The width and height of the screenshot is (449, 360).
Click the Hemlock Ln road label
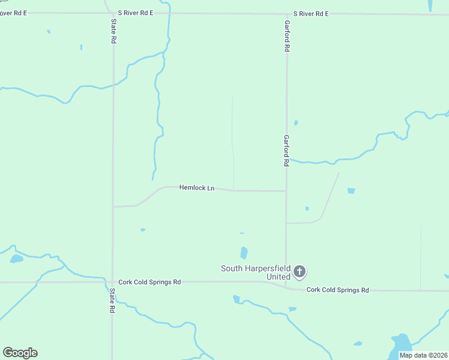[197, 188]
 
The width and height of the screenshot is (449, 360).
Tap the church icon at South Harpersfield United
[300, 272]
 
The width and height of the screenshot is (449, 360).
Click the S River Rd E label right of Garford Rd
[311, 13]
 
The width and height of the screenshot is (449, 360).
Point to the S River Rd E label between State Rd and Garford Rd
[136, 12]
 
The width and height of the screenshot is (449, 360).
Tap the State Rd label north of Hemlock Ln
[113, 30]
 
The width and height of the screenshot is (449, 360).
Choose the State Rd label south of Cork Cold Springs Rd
[112, 301]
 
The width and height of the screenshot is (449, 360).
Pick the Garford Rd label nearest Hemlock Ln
[287, 150]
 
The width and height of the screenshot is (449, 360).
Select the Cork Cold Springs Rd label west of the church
[149, 281]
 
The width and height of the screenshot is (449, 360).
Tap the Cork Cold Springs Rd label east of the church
[337, 290]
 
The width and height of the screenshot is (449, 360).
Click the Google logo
[20, 353]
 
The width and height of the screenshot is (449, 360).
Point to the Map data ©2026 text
[423, 355]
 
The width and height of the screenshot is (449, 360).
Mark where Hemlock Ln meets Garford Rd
[286, 191]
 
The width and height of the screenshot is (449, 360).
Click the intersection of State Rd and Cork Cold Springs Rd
[113, 281]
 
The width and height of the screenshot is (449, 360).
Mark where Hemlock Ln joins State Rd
[113, 206]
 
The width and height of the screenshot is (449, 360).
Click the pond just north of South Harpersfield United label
[244, 253]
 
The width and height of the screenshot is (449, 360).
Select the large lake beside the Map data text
[401, 344]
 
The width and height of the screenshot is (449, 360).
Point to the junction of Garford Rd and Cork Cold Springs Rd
[286, 286]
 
